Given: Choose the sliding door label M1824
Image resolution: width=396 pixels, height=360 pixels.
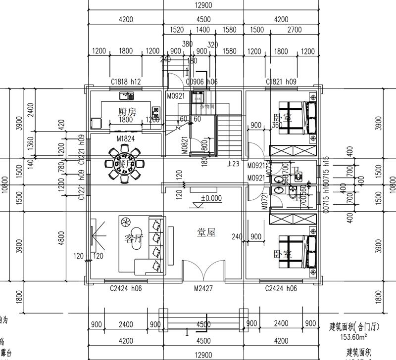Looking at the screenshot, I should (x=126, y=139).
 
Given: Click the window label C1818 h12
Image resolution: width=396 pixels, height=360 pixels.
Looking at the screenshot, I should (x=126, y=82).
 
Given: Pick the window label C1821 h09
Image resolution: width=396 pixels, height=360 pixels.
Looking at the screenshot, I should (x=281, y=82).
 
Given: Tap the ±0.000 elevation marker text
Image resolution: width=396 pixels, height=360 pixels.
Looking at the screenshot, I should (x=211, y=198).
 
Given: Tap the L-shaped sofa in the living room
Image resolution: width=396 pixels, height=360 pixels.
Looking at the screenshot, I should (x=148, y=245).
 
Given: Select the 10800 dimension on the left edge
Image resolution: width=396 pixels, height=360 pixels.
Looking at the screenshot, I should (x=5, y=185).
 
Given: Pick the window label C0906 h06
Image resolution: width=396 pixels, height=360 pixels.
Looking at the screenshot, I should (x=201, y=82).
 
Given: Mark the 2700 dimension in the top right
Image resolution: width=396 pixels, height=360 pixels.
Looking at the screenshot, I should (x=294, y=30).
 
